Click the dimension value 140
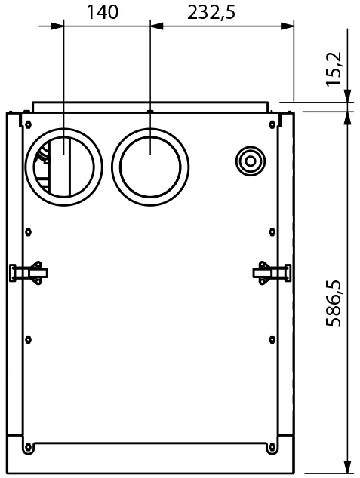pos(102,13)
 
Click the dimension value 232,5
pos(211,13)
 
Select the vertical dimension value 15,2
pos(334,69)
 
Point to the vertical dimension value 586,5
pos(334,303)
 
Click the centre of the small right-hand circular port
pos(251,161)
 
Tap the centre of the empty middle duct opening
pos(150,167)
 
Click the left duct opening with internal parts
pos(63,167)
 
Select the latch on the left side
pos(29,272)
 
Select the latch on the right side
pos(272,272)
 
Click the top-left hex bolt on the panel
pos(28,124)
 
